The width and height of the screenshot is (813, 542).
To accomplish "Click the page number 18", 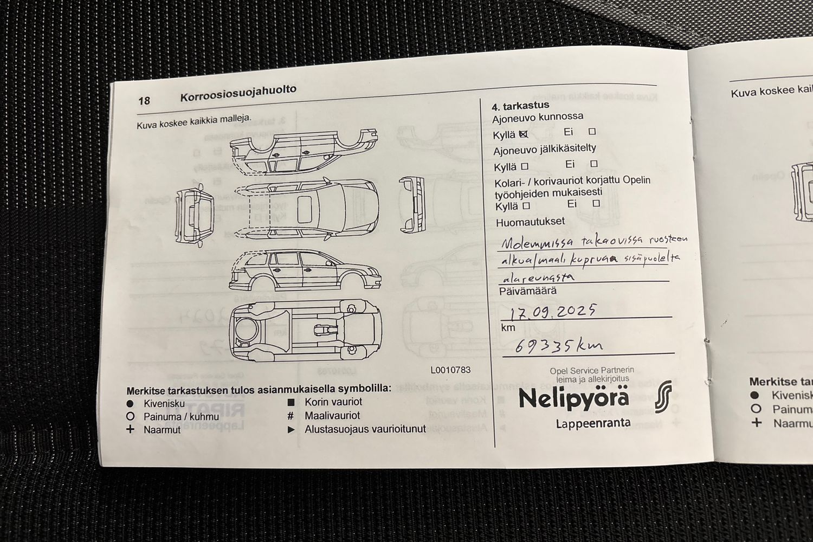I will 144,101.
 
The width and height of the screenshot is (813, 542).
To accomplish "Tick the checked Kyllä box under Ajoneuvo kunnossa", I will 523,134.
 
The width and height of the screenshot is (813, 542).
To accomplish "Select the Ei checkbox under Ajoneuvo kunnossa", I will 592,131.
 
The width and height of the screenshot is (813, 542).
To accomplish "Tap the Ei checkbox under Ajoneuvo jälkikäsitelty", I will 593,164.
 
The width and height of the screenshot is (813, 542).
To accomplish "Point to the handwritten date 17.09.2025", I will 553,312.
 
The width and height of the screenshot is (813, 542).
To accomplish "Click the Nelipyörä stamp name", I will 574,398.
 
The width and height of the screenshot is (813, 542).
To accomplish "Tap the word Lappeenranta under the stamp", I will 593,423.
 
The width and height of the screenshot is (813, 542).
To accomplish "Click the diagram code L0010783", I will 450,370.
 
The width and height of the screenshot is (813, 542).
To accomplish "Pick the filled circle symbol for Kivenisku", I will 130,404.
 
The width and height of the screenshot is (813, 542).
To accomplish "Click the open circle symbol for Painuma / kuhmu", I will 130,417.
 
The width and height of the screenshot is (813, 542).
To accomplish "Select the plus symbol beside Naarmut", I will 130,430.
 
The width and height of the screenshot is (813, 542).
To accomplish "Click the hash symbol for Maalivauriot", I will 291,416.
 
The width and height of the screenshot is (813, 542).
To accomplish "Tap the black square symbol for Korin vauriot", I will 291,402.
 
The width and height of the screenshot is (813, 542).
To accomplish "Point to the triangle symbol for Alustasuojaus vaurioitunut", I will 291,429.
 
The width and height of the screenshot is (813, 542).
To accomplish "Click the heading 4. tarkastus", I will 520,106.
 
